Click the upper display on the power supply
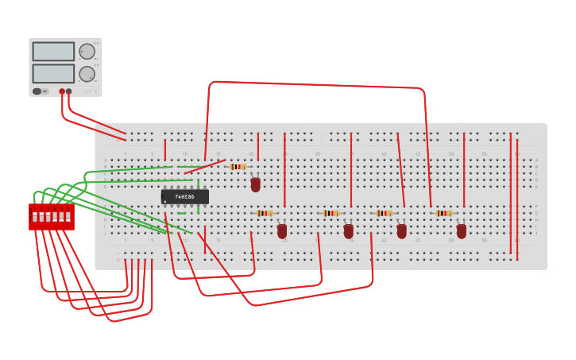pyautogui.click(x=53, y=52)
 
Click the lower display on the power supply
pyautogui.click(x=53, y=74)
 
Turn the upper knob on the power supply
pyautogui.click(x=87, y=52)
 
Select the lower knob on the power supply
pyautogui.click(x=87, y=74)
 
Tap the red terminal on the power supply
pyautogui.click(x=62, y=91)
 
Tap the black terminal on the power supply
pyautogui.click(x=69, y=91)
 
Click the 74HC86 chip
pyautogui.click(x=185, y=196)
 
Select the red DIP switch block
pyautogui.click(x=52, y=216)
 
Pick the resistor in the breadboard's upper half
pyautogui.click(x=237, y=167)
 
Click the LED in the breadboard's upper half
pyautogui.click(x=255, y=184)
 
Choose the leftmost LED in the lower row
pyautogui.click(x=282, y=231)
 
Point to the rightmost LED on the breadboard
pyautogui.click(x=462, y=231)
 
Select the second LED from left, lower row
pyautogui.click(x=348, y=231)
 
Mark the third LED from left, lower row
pyautogui.click(x=402, y=231)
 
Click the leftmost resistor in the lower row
pyautogui.click(x=265, y=213)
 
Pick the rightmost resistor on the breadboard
pyautogui.click(x=443, y=213)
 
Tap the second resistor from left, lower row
pyautogui.click(x=331, y=213)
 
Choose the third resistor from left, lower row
pyautogui.click(x=385, y=213)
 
